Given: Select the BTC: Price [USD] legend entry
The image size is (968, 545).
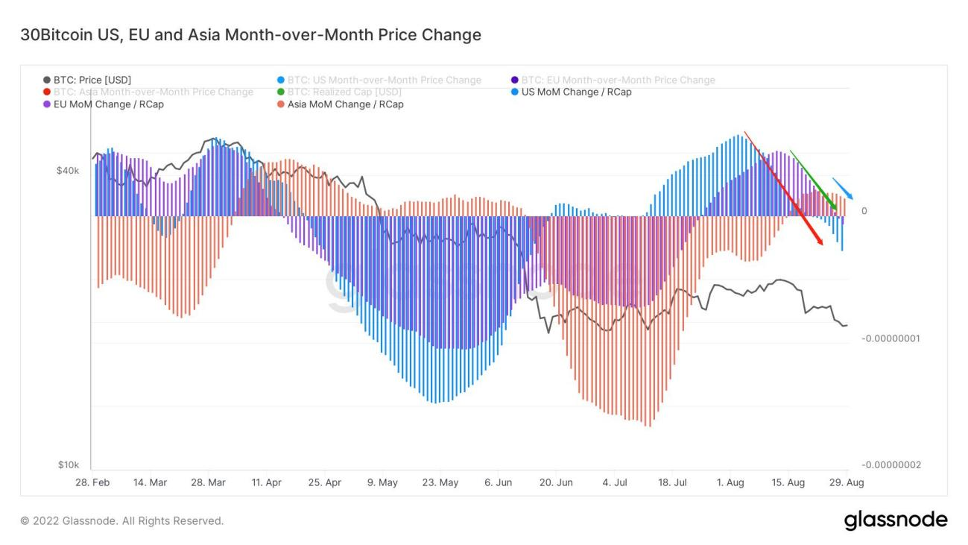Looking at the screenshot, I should click(92, 80).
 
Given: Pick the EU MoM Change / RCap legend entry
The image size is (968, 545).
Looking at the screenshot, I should click(108, 104).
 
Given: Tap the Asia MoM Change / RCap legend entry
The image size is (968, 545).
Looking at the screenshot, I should click(345, 104).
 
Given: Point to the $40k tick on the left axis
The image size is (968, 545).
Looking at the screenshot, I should click(68, 171).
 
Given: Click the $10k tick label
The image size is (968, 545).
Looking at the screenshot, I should click(68, 465).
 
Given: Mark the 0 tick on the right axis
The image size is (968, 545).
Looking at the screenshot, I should click(864, 211).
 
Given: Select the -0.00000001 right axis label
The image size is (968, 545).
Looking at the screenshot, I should click(891, 338).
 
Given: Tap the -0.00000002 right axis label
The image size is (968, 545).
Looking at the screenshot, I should click(891, 465).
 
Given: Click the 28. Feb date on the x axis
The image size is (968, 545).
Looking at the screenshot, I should click(92, 483).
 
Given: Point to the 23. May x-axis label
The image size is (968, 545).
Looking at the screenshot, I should click(440, 483).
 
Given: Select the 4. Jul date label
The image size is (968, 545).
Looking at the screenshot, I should click(615, 483).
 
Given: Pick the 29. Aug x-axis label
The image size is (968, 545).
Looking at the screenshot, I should click(847, 483).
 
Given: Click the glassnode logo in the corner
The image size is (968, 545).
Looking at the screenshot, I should click(896, 520).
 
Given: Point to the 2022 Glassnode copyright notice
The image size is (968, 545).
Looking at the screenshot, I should click(122, 520).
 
